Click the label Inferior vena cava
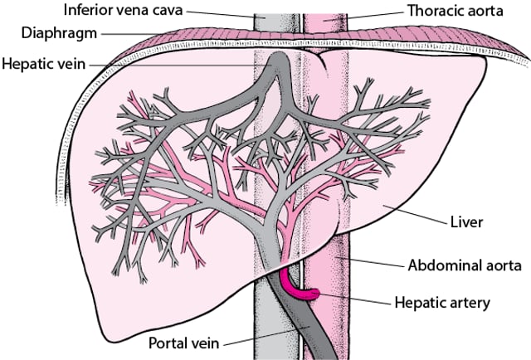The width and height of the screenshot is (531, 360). (x=124, y=10)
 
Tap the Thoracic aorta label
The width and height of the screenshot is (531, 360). (x=455, y=11)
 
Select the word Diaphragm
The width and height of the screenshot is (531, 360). (x=59, y=33)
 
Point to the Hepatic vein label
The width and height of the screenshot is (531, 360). (x=44, y=64)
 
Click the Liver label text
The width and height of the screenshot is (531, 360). (x=466, y=222)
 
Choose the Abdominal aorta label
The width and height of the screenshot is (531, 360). (x=465, y=265)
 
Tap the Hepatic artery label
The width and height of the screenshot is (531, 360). (x=442, y=303)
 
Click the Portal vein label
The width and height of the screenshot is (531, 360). (x=183, y=343)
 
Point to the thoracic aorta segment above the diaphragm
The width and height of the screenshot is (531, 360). (x=325, y=22)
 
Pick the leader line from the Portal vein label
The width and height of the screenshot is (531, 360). (x=266, y=336)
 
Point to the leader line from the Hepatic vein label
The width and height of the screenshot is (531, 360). (x=179, y=65)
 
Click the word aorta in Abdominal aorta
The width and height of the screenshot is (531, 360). (x=499, y=265)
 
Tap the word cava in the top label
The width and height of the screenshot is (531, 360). (x=168, y=11)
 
